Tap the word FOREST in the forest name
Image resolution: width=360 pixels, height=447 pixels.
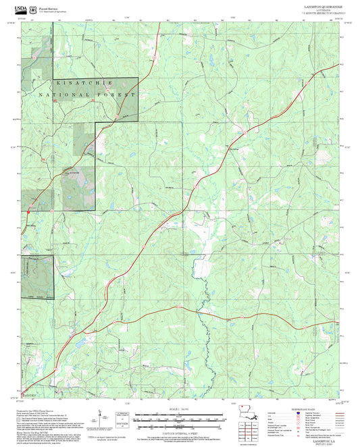point(116,95)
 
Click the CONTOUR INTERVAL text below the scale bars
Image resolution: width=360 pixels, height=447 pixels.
point(179,430)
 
